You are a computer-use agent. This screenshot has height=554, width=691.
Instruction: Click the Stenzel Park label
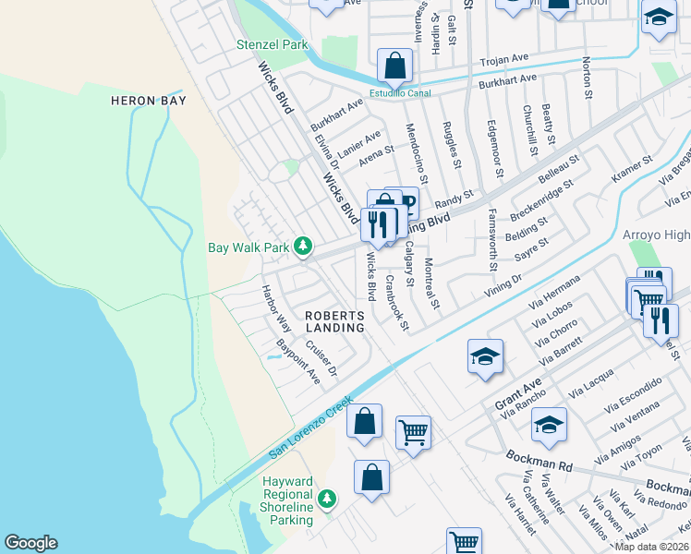coord(272,44)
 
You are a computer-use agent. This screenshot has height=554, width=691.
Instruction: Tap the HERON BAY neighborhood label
coord(149,101)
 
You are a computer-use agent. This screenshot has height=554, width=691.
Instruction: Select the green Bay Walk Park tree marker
coord(302,247)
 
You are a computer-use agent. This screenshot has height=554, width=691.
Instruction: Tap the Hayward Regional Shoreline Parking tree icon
coord(326,499)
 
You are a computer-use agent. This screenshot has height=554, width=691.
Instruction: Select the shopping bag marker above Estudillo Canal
coord(394,66)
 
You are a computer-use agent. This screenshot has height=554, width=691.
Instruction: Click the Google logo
coord(30,543)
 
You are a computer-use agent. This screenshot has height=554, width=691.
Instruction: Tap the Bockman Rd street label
coord(539,460)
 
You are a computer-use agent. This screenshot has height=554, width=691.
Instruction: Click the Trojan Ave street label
coord(503,61)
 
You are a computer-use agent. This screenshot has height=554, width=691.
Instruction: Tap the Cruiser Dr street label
coord(321,359)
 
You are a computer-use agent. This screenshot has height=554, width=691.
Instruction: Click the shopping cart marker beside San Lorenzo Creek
coord(413,431)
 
